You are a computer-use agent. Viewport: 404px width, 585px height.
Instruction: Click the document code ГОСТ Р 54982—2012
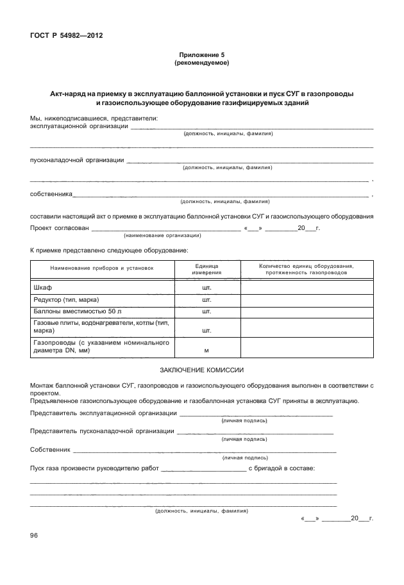67,35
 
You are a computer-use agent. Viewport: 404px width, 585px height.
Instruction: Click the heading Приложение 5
201,55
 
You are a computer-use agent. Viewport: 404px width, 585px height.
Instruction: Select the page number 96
35,535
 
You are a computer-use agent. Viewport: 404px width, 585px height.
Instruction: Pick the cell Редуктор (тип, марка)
66,299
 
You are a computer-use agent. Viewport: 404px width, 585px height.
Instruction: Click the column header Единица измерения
206,269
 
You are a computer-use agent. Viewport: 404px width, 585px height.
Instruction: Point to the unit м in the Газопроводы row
206,350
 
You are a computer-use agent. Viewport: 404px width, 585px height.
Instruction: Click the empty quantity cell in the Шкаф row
306,288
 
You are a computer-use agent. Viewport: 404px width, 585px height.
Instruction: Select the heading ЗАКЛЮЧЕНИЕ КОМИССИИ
201,370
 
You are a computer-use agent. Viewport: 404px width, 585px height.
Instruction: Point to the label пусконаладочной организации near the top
77,160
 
